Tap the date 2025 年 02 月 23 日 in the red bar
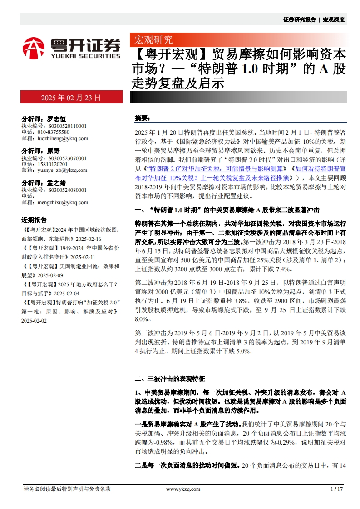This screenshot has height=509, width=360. coord(71,97)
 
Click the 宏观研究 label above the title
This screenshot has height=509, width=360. coord(151,39)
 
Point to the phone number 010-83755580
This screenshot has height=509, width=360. coord(51,132)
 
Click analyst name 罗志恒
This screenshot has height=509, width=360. coord(57,118)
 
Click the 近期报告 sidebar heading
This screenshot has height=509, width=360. coord(34,220)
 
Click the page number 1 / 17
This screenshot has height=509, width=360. coord(337,489)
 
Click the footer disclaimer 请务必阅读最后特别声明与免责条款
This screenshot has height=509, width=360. coord(67,489)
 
